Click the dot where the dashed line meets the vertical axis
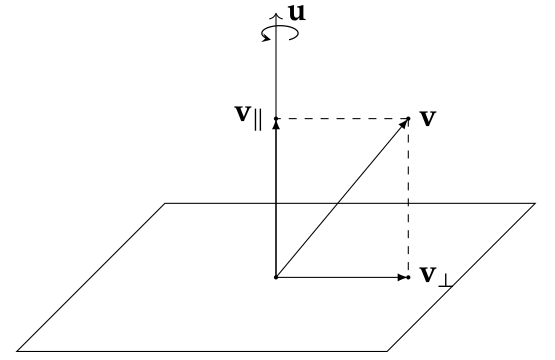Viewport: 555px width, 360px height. pos(276,119)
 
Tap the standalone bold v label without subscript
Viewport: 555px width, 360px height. pos(428,117)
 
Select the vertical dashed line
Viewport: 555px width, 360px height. pos(409,200)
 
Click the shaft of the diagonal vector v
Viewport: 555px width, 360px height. pos(340,199)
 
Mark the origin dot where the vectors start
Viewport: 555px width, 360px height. pos(276,277)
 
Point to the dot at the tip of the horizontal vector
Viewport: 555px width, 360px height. pos(409,277)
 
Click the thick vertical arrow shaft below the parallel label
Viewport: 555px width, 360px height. pos(276,200)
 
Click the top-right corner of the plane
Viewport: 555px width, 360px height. pos(535,204)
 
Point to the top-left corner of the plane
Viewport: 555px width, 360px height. pos(165,204)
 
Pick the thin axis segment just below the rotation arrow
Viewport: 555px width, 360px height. pos(276,70)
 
